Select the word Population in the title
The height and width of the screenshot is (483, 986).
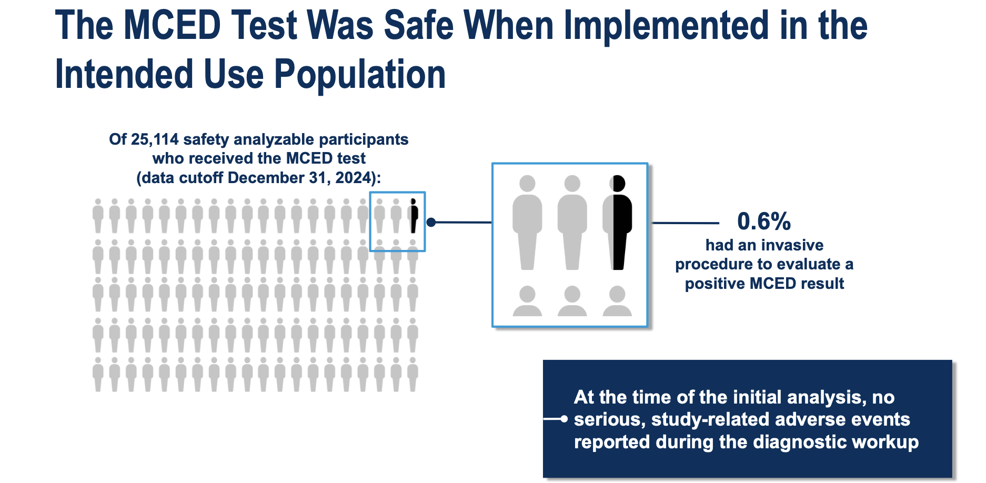coord(360,74)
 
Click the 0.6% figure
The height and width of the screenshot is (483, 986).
coord(764,221)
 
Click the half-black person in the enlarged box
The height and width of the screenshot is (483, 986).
coord(617,223)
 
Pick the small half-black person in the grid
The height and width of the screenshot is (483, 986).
coord(414,216)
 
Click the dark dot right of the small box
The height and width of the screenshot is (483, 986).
coord(431,223)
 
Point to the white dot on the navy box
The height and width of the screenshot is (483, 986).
coord(564,419)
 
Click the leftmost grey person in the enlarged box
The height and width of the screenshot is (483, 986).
coord(527,223)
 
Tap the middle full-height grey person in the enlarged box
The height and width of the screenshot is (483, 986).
coord(572,223)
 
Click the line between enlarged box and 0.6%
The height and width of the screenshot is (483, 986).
coord(686,223)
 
